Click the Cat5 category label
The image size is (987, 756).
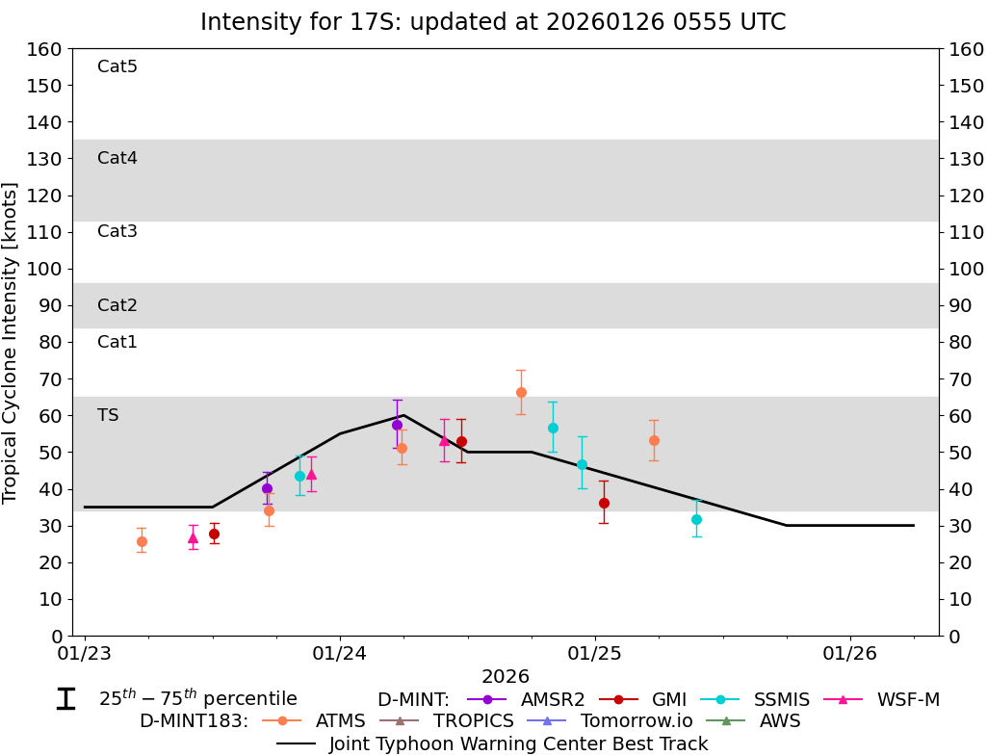[x=117, y=66]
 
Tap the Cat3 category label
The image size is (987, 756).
[x=117, y=231]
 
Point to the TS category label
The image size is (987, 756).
[x=108, y=415]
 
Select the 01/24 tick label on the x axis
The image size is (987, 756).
[x=340, y=654]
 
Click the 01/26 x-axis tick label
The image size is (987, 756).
[x=850, y=654]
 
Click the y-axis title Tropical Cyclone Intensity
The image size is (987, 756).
[x=12, y=342]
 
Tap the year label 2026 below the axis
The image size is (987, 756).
[x=506, y=677]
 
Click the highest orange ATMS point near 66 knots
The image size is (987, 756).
[x=521, y=392]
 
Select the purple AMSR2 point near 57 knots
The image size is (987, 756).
[x=397, y=425]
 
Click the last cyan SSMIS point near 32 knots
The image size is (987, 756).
[x=696, y=519]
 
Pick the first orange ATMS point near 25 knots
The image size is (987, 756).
[x=142, y=541]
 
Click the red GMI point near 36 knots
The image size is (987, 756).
[x=604, y=503]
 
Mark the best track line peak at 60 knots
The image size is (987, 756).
[x=403, y=415]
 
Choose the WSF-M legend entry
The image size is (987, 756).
[x=907, y=700]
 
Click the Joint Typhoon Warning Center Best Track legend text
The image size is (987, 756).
[x=518, y=743]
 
